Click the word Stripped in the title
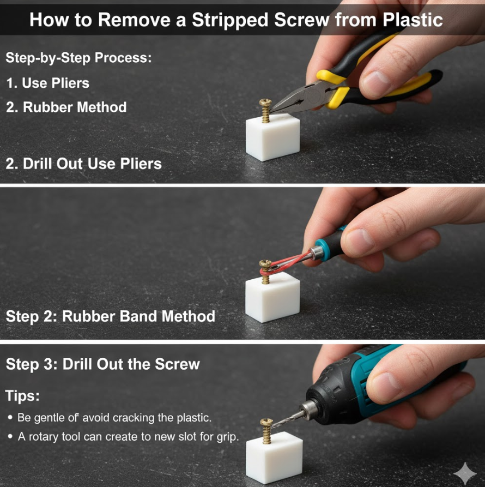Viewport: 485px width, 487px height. pos(231,20)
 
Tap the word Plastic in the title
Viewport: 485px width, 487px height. pos(413,20)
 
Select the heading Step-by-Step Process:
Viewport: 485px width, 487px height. pos(79,58)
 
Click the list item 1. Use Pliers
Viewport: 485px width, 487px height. pos(48,83)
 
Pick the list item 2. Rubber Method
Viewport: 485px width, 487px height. pos(66,107)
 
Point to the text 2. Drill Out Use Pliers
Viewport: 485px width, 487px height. pos(84,164)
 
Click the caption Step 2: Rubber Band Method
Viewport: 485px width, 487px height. pos(111,316)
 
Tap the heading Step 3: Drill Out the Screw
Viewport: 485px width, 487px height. pos(102,364)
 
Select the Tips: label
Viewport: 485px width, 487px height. pos(22,396)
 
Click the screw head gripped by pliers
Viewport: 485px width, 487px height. pos(265,103)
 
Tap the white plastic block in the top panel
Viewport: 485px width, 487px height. pos(273,137)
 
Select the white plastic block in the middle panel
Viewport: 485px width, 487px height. pos(272,297)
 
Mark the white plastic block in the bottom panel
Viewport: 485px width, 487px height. pos(274,458)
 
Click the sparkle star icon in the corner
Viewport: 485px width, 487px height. pos(465,473)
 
